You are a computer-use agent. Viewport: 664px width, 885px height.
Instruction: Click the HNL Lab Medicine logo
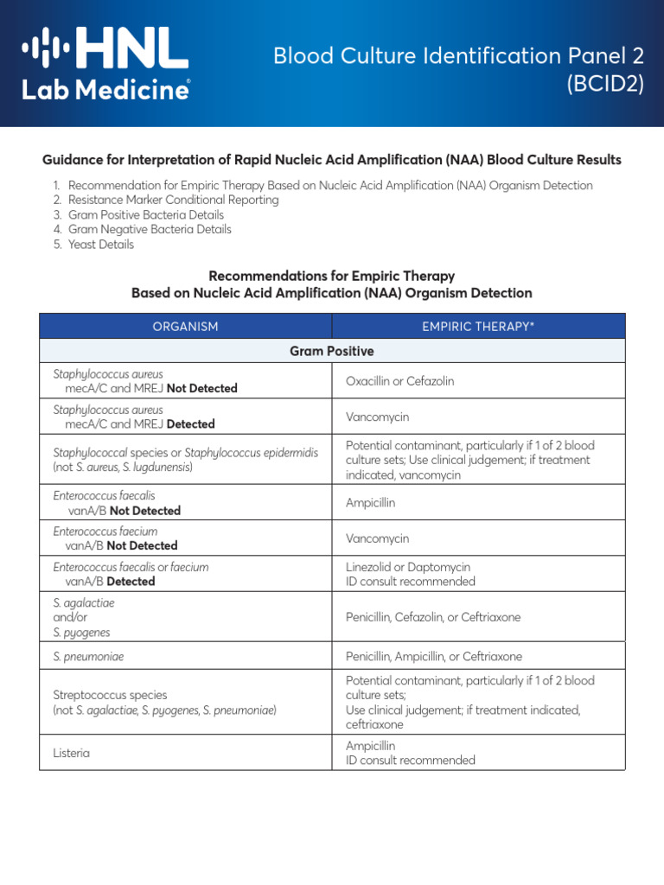pyautogui.click(x=105, y=63)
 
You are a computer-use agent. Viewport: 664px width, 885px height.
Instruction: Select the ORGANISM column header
pyautogui.click(x=185, y=326)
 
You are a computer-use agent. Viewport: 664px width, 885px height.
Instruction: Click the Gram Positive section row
pyautogui.click(x=332, y=351)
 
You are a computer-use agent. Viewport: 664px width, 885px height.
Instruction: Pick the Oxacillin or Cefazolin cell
pyautogui.click(x=399, y=381)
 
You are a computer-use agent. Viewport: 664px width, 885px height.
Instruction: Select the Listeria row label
pyautogui.click(x=72, y=753)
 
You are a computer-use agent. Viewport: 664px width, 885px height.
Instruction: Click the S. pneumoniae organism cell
pyautogui.click(x=88, y=656)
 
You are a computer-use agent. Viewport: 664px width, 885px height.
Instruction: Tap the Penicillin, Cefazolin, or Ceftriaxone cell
pyautogui.click(x=433, y=617)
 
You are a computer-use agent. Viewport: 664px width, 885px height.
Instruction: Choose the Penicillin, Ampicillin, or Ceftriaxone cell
pyautogui.click(x=434, y=656)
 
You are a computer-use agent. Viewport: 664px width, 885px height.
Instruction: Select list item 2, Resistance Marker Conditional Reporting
pyautogui.click(x=173, y=200)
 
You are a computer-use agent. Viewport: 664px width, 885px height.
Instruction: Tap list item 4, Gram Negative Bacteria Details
pyautogui.click(x=150, y=230)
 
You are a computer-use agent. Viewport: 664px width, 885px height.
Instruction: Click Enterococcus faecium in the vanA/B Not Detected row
pyautogui.click(x=105, y=532)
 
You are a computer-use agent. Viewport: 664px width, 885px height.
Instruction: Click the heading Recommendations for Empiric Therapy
pyautogui.click(x=332, y=277)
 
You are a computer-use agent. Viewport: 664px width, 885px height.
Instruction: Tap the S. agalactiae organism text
pyautogui.click(x=84, y=602)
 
